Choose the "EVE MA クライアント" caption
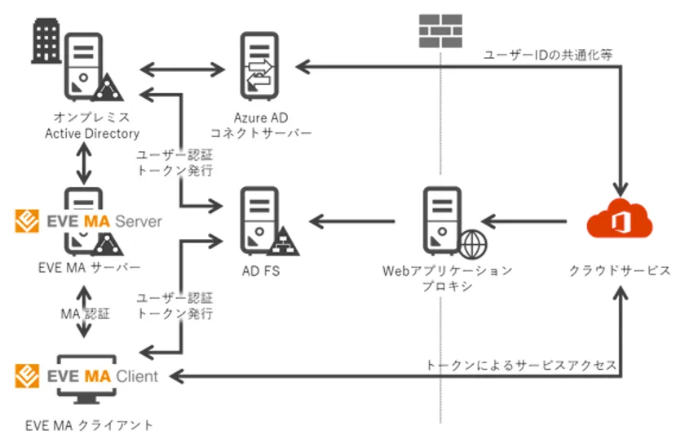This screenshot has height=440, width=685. point(89,424)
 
